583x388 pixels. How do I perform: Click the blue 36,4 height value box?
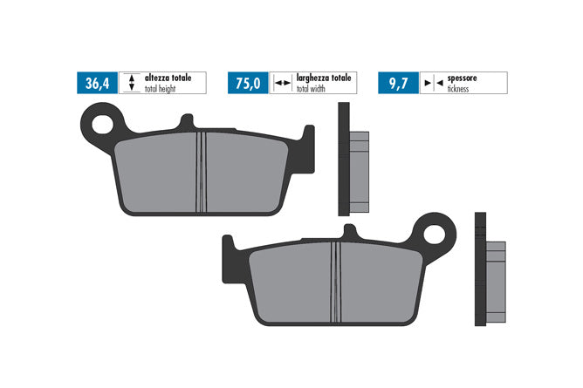click(x=98, y=83)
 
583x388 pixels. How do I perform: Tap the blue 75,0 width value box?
click(x=248, y=83)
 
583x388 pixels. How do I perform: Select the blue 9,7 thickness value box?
click(x=399, y=83)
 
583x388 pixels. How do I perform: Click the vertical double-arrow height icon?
click(x=131, y=83)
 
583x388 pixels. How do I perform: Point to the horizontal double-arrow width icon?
click(x=283, y=83)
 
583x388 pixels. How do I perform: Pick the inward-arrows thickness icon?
click(x=434, y=83)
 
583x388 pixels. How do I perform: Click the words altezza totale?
click(x=168, y=78)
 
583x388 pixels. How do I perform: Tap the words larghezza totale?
click(x=324, y=78)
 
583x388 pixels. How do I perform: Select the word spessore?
click(x=463, y=78)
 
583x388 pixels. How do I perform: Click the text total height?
click(x=160, y=89)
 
